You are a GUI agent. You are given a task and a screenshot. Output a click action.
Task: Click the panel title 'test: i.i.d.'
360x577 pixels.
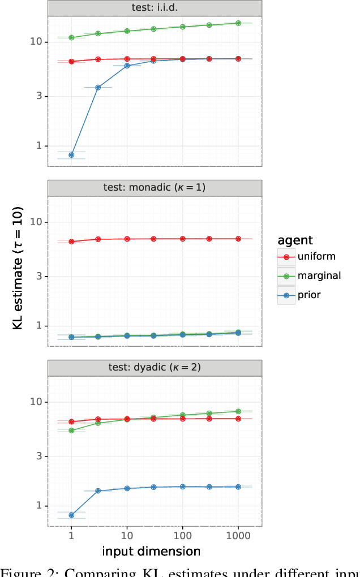click(155, 8)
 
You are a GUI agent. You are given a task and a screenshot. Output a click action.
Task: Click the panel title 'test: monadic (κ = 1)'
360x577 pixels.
click(155, 188)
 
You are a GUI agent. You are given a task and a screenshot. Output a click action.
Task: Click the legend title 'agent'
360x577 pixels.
click(295, 240)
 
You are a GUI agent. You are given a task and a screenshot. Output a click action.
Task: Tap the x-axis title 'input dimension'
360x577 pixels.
click(151, 551)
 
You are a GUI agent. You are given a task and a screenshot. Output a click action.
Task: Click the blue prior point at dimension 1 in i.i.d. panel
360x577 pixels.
click(71, 155)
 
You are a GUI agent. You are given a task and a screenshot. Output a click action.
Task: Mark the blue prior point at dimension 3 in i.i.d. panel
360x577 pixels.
click(98, 88)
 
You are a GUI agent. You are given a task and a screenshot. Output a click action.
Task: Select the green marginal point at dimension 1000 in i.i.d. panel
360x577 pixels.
click(238, 23)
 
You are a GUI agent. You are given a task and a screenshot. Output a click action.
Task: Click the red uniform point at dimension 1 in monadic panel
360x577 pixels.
click(71, 242)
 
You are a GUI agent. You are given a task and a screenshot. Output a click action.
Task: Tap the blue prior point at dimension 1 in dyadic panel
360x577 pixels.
click(71, 515)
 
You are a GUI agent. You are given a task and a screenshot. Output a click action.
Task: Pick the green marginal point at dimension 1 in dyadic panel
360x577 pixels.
click(71, 430)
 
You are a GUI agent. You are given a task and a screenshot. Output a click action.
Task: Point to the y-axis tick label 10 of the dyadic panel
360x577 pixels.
click(36, 402)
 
